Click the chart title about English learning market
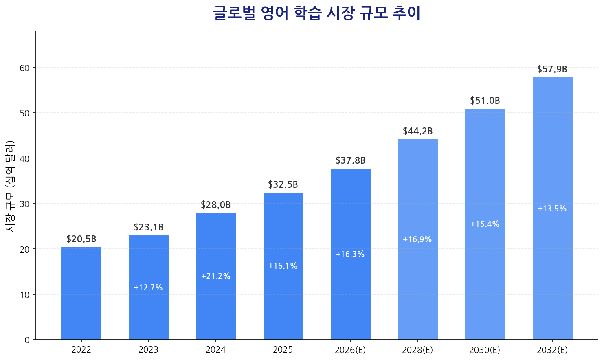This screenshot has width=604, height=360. pos(316,13)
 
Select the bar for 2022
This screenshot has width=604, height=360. pos(81,293)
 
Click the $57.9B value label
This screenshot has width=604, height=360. pos(552,70)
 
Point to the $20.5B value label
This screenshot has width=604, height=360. pos(81,239)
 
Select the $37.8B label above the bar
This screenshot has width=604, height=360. pos(350,161)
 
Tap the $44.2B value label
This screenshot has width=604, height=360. pos(417,132)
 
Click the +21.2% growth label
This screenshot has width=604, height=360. pos(216,277)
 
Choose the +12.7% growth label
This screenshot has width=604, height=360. pos(148,288)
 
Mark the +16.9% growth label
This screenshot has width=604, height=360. pos(417,240)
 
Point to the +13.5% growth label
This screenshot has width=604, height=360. pos(552,209)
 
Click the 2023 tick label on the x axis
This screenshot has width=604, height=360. pos(148,350)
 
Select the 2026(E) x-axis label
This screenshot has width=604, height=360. pos(350,350)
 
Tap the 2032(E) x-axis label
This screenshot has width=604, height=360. pos(552,350)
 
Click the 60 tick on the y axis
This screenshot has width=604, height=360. pos(25,68)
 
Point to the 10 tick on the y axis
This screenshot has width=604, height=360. pos(25,295)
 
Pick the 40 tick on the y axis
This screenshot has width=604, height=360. pos(25,158)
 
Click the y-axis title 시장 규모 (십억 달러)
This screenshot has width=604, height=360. pos(10,186)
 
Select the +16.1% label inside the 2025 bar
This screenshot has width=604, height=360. pos(283,266)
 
